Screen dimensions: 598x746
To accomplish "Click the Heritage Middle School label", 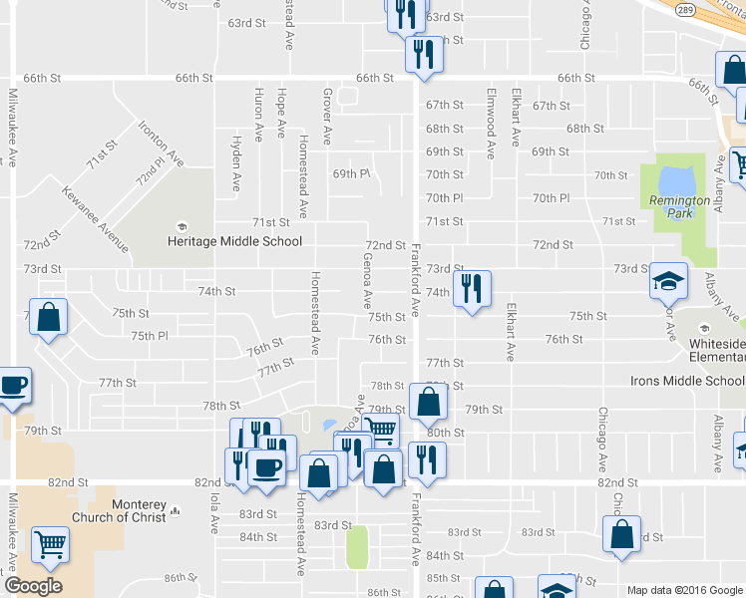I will pyautogui.click(x=234, y=240).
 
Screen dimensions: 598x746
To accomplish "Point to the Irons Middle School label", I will pyautogui.click(x=687, y=381).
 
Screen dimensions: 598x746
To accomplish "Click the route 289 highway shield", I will pyautogui.click(x=684, y=8).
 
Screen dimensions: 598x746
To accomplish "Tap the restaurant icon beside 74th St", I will pyautogui.click(x=471, y=289).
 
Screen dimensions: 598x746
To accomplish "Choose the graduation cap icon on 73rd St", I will pyautogui.click(x=668, y=280).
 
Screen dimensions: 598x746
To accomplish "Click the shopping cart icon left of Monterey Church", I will pyautogui.click(x=49, y=544).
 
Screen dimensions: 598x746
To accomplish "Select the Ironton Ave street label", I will pyautogui.click(x=162, y=144).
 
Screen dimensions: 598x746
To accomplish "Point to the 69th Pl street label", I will pyautogui.click(x=351, y=173).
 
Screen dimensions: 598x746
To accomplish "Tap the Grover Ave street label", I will pyautogui.click(x=327, y=115).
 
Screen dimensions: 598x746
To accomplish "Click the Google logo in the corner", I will pyautogui.click(x=33, y=586).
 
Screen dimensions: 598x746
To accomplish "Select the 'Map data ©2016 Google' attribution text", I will pyautogui.click(x=684, y=590).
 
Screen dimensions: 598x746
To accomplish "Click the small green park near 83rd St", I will pyautogui.click(x=357, y=546).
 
